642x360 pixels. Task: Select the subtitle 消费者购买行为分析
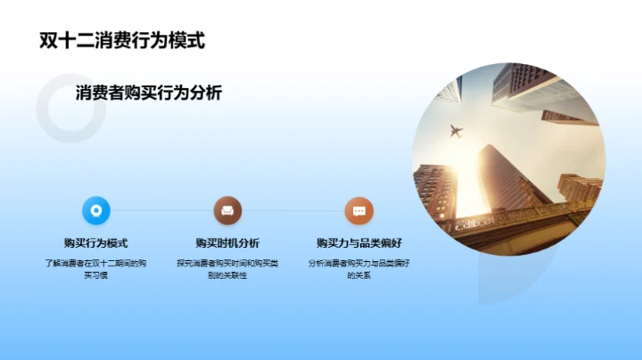149,93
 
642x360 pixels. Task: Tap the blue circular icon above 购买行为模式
96,211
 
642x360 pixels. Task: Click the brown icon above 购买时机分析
227,211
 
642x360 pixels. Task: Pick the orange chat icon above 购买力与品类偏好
358,211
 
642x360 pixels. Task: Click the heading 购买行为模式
96,243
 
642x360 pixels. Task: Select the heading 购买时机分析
227,243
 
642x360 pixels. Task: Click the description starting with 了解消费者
96,269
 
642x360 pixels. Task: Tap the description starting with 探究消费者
227,269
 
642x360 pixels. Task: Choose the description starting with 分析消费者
358,269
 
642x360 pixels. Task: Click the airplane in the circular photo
455,132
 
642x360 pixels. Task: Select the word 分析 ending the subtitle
206,93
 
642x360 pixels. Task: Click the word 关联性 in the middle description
234,276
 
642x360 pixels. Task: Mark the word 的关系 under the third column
358,276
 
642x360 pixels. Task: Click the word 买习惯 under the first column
96,276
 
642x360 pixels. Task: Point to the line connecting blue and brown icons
161,211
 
